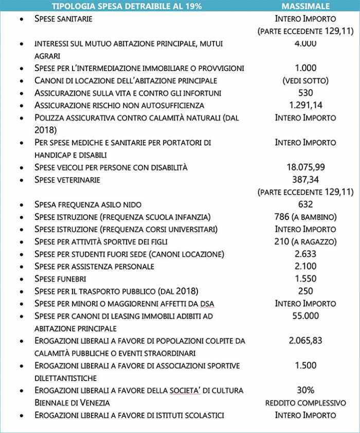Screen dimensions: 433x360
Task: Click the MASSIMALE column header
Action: click(305, 7)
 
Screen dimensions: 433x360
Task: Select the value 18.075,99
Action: click(305, 167)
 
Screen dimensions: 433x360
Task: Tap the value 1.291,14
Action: click(305, 105)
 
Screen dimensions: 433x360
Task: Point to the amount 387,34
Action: click(305, 179)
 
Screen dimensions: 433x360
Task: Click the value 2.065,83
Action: click(305, 340)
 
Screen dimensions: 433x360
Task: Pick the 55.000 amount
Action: click(305, 316)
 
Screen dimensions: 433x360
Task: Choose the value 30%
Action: click(305, 390)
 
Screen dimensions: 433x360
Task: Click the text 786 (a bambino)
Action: click(305, 217)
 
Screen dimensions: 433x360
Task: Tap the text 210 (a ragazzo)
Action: click(305, 242)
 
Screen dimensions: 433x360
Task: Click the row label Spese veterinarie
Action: click(67, 180)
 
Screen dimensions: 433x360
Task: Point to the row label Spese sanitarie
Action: click(63, 19)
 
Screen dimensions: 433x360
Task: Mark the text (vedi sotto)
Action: click(305, 81)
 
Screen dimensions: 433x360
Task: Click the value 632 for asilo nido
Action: click(305, 205)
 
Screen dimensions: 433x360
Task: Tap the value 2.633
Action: click(305, 254)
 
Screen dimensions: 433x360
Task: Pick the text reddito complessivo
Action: click(305, 403)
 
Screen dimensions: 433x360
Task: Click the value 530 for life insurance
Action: click(305, 93)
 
